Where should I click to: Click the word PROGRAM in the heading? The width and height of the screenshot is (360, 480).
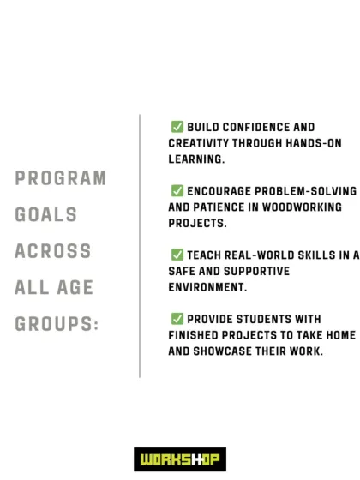tap(60, 179)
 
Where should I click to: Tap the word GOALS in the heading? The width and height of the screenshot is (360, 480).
tap(45, 215)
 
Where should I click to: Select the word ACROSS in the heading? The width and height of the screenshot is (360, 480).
tap(52, 252)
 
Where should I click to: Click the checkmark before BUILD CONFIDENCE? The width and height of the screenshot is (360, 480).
tap(177, 127)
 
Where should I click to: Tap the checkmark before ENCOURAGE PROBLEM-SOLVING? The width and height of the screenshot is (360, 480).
tap(177, 190)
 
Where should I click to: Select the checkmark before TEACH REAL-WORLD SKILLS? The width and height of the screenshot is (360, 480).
tap(177, 255)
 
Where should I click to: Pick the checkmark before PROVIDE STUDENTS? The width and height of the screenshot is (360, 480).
tap(177, 318)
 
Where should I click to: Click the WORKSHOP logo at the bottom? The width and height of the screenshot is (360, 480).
tap(180, 459)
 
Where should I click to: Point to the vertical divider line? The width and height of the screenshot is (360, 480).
tap(140, 245)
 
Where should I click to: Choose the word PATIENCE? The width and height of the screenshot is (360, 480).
tap(227, 207)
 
